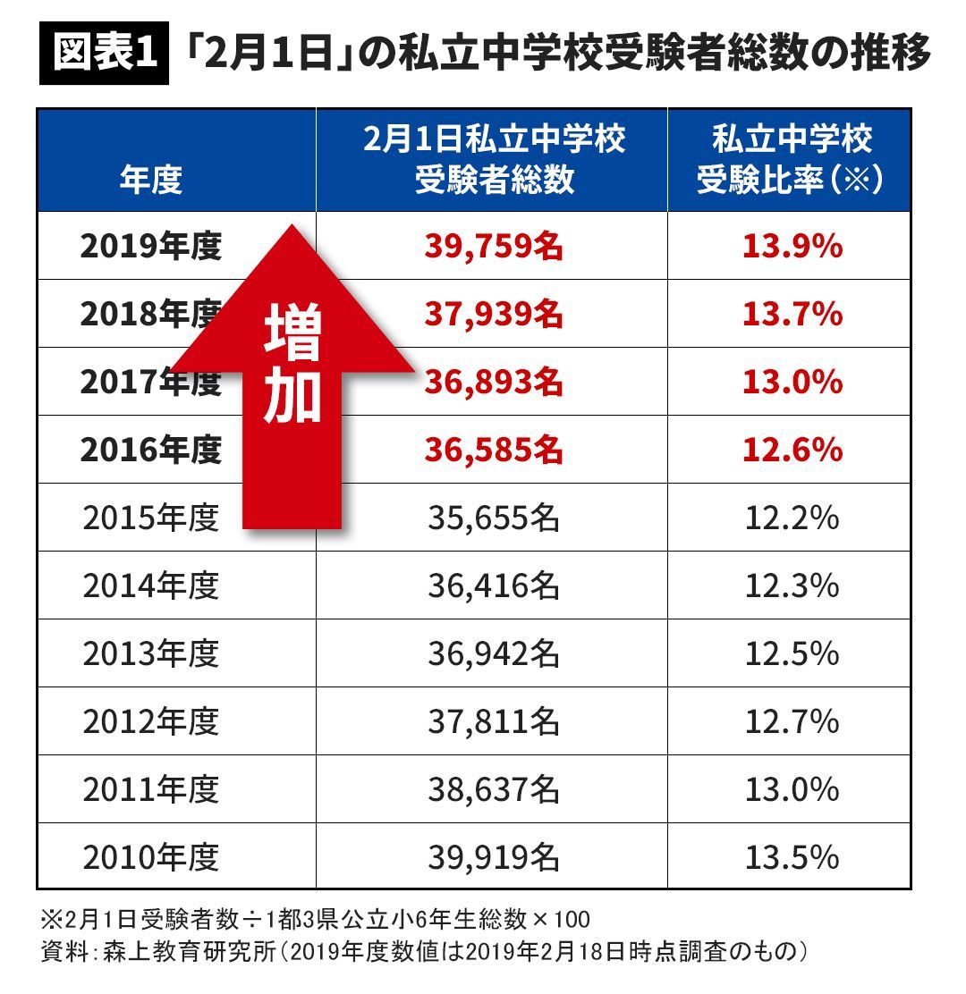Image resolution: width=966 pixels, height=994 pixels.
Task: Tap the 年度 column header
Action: [x=150, y=179]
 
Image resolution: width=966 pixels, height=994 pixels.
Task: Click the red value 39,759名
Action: [x=494, y=247]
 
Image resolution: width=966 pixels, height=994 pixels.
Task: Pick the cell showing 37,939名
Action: [x=494, y=315]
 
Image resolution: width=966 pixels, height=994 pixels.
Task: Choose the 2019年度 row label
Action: [x=150, y=247]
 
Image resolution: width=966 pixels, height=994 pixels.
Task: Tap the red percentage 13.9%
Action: [x=792, y=247]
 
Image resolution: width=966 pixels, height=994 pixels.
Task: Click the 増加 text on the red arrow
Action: [x=292, y=366]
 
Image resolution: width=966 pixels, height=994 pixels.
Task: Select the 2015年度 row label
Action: [x=150, y=518]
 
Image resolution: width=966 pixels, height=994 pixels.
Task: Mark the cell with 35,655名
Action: [x=494, y=518]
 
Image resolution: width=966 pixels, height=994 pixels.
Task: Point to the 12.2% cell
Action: [x=792, y=518]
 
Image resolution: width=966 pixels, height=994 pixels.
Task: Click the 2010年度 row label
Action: [x=150, y=858]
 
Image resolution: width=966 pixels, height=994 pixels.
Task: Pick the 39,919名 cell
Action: [x=494, y=858]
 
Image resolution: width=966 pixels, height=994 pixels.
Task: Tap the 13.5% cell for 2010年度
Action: [x=792, y=858]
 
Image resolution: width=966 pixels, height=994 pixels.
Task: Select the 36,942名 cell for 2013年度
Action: [x=494, y=654]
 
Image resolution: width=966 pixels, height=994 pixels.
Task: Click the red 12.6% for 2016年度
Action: [x=792, y=451]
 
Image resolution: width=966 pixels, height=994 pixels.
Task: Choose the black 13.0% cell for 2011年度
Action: [x=792, y=790]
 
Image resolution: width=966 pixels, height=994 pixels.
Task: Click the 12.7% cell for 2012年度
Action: [x=792, y=722]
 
